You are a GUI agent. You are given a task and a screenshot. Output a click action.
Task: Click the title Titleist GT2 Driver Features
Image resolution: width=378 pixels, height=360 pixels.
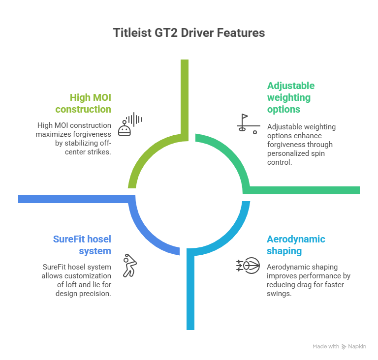click(x=189, y=33)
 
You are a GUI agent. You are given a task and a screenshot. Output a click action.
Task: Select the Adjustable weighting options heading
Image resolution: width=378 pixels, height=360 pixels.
click(x=291, y=97)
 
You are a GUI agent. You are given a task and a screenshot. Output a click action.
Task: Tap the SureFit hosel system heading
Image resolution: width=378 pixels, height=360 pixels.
click(x=82, y=245)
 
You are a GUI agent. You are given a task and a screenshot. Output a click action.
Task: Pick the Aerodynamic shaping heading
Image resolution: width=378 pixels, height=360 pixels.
click(x=296, y=245)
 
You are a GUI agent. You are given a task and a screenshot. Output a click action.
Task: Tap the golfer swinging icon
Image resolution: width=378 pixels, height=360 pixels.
click(x=129, y=265)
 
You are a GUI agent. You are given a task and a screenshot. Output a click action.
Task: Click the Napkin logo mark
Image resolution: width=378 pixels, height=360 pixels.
click(x=344, y=347)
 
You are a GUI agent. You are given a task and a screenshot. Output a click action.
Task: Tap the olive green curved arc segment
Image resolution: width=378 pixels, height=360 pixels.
click(x=143, y=157)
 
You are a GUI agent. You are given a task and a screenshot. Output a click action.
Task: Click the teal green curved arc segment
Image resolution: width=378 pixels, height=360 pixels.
click(x=231, y=157)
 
